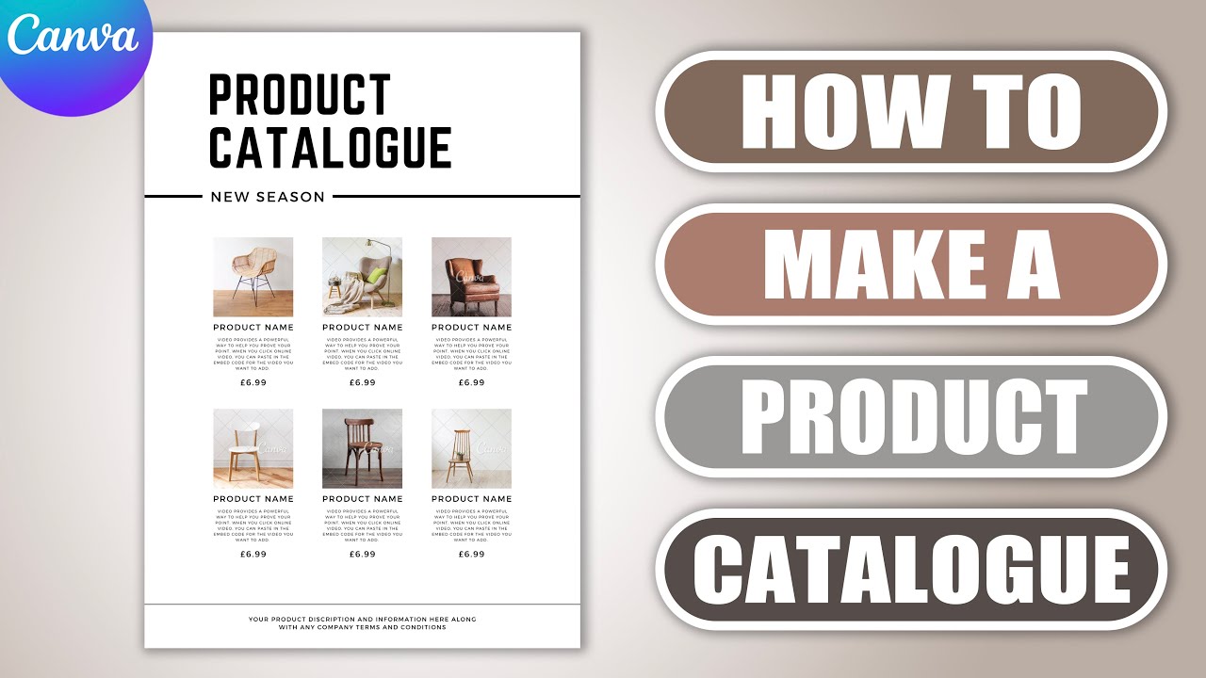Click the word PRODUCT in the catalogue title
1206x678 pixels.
point(299,95)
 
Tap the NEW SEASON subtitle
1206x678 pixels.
point(268,197)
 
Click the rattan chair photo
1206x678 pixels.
point(253,277)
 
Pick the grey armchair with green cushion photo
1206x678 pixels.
point(362,277)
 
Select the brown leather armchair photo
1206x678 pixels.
point(471,277)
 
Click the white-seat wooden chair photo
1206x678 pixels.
point(253,448)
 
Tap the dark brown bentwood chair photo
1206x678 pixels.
point(362,448)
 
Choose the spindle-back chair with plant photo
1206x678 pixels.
point(471,448)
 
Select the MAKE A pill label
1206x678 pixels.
point(910,264)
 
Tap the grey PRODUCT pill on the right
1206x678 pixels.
point(910,416)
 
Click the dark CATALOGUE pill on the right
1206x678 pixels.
point(910,569)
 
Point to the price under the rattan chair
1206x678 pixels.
point(253,382)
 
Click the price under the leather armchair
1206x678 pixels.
point(472,382)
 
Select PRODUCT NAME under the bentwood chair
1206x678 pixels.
point(363,499)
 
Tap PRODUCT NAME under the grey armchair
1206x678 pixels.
point(363,328)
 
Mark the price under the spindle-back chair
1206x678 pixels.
point(472,554)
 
